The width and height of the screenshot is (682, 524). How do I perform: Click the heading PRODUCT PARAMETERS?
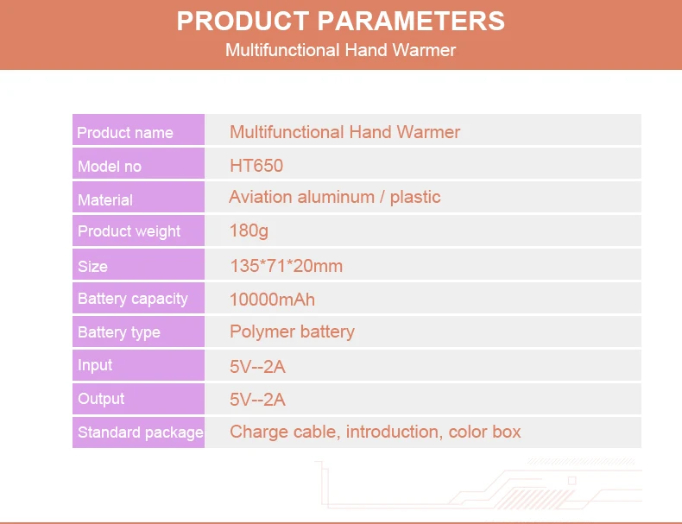click(x=340, y=21)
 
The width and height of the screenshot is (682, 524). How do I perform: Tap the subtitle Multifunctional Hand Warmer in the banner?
click(x=340, y=50)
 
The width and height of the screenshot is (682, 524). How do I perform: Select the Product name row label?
click(x=125, y=133)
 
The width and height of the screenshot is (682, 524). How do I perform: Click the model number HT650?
click(x=256, y=166)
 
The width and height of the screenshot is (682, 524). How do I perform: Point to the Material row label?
click(x=105, y=200)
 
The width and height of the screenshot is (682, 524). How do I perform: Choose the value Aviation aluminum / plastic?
click(x=335, y=197)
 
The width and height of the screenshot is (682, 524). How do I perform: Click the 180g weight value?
click(x=249, y=230)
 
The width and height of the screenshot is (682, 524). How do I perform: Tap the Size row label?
click(x=92, y=266)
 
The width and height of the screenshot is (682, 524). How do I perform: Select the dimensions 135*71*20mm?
click(x=287, y=266)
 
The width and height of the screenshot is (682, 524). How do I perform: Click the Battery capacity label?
click(x=133, y=299)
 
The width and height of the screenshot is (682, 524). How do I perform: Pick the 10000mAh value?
click(x=272, y=300)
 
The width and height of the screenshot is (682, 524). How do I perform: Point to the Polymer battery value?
click(x=293, y=331)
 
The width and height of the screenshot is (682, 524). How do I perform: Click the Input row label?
click(x=95, y=365)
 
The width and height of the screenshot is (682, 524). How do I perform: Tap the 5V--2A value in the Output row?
click(x=257, y=400)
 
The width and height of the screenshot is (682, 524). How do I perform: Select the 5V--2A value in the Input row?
click(x=257, y=367)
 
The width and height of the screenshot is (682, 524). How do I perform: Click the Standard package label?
click(x=141, y=432)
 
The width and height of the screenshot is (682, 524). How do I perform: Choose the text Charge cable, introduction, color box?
click(x=376, y=432)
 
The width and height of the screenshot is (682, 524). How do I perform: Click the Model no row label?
click(x=110, y=166)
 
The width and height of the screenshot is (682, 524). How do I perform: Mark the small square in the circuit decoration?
click(x=572, y=481)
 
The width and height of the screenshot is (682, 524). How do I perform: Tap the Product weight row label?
click(x=129, y=231)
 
